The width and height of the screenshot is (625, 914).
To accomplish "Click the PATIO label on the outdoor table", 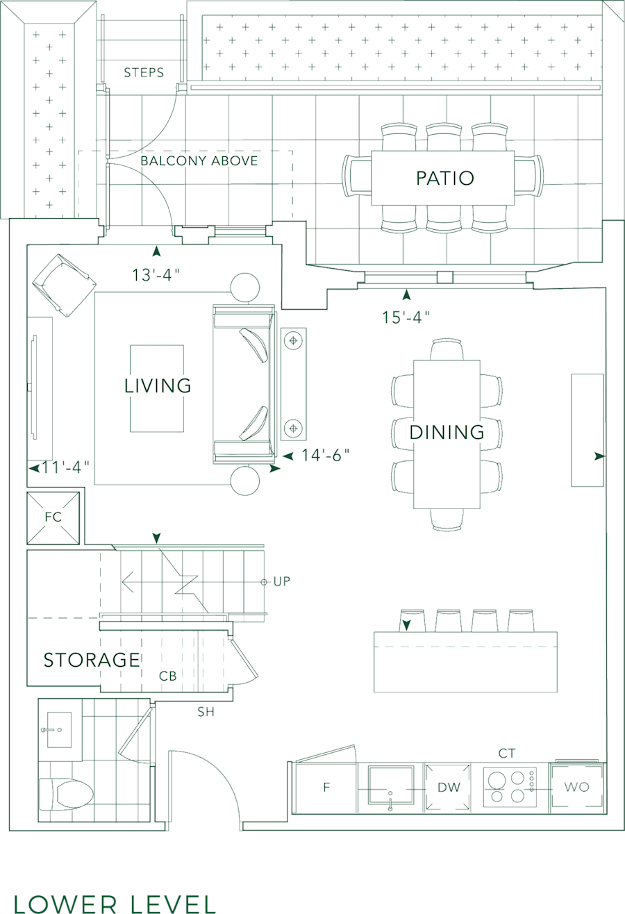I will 444,178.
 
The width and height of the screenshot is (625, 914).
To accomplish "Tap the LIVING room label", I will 158,385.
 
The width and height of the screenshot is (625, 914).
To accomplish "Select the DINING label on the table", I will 447,432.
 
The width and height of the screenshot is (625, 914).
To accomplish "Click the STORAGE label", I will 92,659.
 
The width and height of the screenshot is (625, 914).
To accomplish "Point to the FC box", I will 53,517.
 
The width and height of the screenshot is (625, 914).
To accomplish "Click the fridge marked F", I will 325,788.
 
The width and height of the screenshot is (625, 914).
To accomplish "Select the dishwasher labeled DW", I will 449,788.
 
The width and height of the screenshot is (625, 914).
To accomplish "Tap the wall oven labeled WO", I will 576,787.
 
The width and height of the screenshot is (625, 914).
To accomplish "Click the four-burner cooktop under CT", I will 510,787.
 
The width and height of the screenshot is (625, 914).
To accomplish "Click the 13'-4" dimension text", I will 156,275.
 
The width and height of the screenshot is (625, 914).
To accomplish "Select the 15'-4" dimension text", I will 406,317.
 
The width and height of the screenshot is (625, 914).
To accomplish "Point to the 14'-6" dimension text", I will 325,455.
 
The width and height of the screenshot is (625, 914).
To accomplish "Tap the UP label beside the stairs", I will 281,581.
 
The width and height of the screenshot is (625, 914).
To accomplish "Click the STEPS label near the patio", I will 144,73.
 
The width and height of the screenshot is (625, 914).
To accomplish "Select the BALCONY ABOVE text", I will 199,161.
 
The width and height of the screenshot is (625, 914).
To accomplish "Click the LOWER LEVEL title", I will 115,902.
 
